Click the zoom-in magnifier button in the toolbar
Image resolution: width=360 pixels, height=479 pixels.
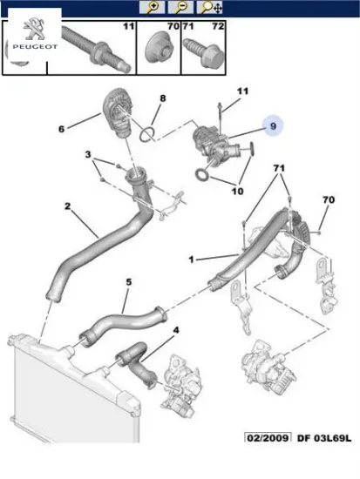[152, 7]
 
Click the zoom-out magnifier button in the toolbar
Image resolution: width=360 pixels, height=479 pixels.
[180, 7]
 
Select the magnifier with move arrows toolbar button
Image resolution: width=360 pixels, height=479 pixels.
[209, 7]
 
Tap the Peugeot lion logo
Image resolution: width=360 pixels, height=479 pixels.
[34, 29]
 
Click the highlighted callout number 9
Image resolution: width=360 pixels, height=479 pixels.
[273, 126]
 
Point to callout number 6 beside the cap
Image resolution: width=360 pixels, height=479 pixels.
[62, 129]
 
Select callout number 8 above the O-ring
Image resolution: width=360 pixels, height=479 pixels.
[163, 98]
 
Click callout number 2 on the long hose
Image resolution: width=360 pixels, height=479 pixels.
[67, 206]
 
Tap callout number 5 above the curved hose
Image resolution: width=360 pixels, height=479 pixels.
[129, 281]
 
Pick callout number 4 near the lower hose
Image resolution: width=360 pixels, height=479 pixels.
[176, 330]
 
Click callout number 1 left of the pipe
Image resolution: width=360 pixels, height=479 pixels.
[192, 260]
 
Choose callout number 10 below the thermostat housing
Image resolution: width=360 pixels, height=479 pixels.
[237, 192]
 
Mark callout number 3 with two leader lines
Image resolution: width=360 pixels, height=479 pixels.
[88, 154]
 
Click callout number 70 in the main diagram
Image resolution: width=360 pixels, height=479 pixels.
[329, 199]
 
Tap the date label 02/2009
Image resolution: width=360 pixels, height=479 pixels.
[268, 438]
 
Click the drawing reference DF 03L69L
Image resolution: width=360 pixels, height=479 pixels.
[324, 438]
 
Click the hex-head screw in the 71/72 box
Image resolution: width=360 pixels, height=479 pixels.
[203, 52]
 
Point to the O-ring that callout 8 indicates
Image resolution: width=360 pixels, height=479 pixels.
[147, 134]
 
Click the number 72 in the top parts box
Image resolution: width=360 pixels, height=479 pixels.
[218, 26]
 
